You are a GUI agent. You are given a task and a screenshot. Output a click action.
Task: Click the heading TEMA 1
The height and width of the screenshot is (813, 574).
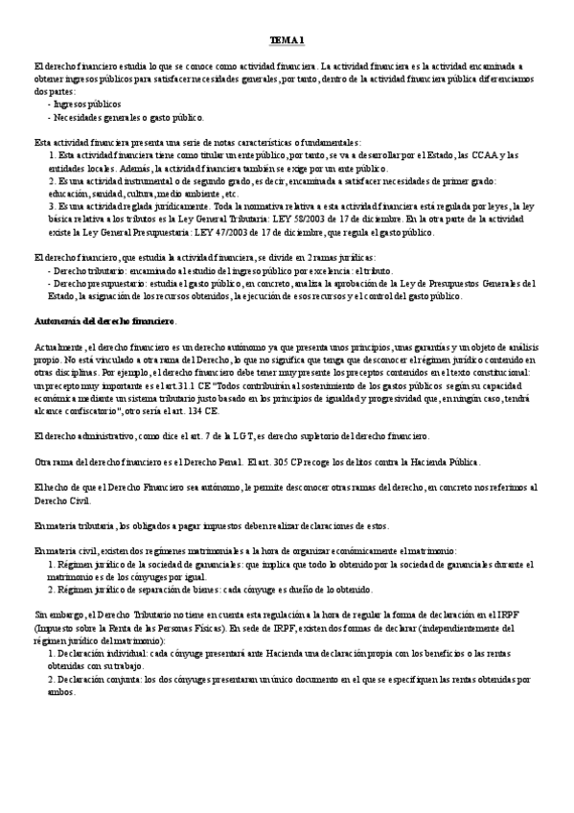point(287,39)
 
